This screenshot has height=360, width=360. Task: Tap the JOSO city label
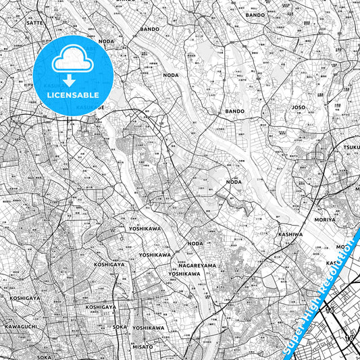299,107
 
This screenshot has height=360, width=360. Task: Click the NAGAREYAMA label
197,265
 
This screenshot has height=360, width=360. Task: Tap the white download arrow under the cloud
68,81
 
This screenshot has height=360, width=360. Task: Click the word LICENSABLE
74,95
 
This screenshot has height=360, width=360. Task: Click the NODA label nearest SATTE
106,41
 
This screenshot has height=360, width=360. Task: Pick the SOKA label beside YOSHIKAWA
120,328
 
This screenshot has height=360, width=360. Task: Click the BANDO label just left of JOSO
234,111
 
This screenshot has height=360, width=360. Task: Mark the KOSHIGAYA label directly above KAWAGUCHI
25,297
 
